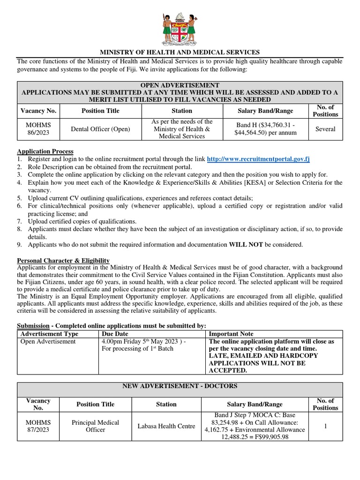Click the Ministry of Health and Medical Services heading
coord(180,52)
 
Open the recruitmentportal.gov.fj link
coord(258,159)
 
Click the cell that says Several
coord(325,129)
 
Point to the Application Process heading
coord(45,151)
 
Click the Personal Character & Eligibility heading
coord(63,261)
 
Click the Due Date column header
coord(115,334)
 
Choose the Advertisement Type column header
coord(50,334)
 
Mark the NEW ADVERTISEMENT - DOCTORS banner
coord(180,386)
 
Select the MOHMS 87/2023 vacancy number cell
coord(38,426)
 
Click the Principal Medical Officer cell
coord(95,426)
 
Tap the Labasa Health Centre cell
coord(166,426)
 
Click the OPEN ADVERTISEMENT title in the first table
coord(180,85)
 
